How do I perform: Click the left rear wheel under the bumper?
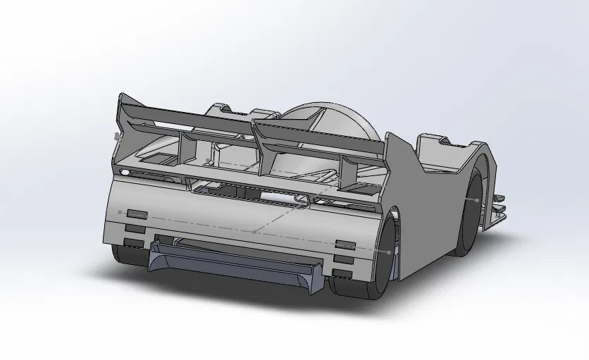click(127, 254)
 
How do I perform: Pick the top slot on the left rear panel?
click(137, 213)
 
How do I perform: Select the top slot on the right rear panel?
click(345, 244)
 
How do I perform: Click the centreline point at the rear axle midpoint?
click(254, 230)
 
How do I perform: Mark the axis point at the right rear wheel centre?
click(389, 252)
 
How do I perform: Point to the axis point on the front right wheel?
click(476, 200)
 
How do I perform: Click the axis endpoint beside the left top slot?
click(120, 211)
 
